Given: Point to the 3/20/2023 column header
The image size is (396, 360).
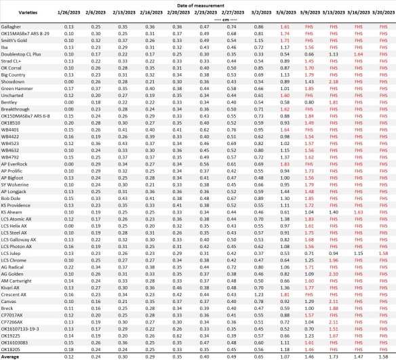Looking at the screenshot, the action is pyautogui.click(x=383, y=12).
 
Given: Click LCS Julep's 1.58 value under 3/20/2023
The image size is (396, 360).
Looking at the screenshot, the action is pyautogui.click(x=383, y=254).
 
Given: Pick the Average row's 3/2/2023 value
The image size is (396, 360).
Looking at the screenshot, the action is pyautogui.click(x=258, y=355).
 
